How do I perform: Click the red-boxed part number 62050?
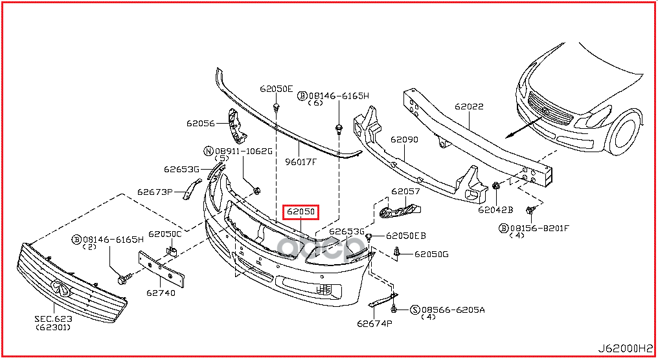(301, 212)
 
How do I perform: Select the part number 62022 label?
(468, 107)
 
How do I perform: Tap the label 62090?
(403, 139)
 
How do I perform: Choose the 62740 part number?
(160, 293)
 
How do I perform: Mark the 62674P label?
(374, 323)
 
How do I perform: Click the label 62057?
(405, 192)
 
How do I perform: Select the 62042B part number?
(495, 210)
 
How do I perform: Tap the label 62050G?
(431, 254)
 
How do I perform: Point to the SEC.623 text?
(54, 319)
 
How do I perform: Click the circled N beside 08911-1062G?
(208, 151)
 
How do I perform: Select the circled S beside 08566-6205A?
(415, 309)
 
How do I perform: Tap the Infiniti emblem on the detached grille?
(62, 287)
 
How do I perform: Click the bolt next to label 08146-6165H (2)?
(122, 280)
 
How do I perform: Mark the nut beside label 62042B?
(496, 186)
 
